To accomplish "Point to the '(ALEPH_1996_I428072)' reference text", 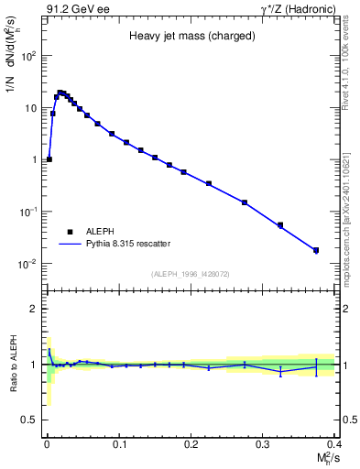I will [191, 273].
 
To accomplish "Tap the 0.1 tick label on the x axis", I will [118, 444].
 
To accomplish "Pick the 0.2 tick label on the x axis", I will [191, 444].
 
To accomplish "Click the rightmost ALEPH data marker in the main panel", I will [316, 250].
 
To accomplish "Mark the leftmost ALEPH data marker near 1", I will [49, 159].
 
